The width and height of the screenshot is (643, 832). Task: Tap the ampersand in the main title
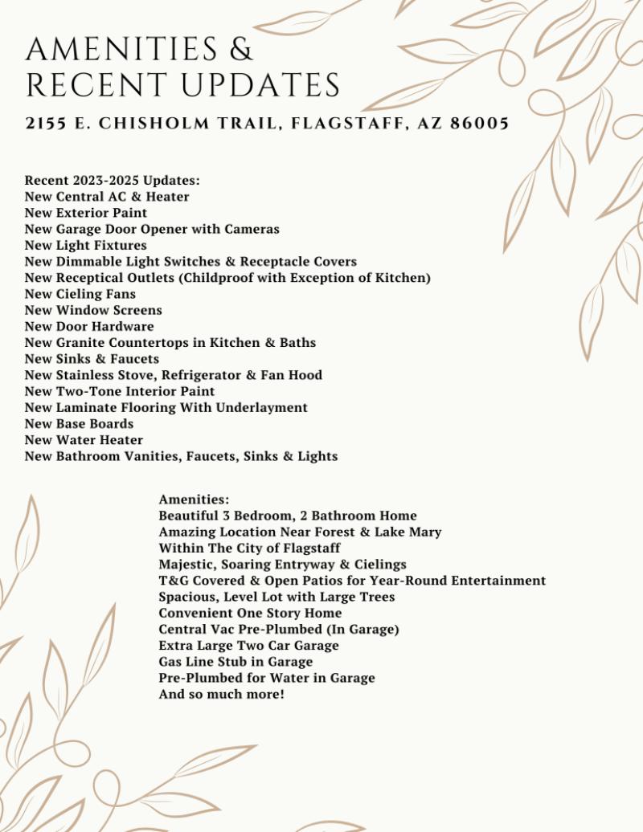click(240, 49)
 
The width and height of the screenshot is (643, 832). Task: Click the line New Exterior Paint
click(86, 213)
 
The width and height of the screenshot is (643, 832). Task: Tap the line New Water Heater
click(84, 440)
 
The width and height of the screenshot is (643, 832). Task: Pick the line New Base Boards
click(79, 424)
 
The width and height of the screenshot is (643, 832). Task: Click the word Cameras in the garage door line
click(252, 229)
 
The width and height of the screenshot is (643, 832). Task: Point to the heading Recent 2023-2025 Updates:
click(112, 181)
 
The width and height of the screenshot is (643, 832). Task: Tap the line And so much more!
click(221, 694)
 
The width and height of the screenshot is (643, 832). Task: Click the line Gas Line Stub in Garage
click(235, 662)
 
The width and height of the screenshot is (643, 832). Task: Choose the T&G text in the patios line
click(172, 581)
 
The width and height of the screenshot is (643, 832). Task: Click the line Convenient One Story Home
click(250, 613)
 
